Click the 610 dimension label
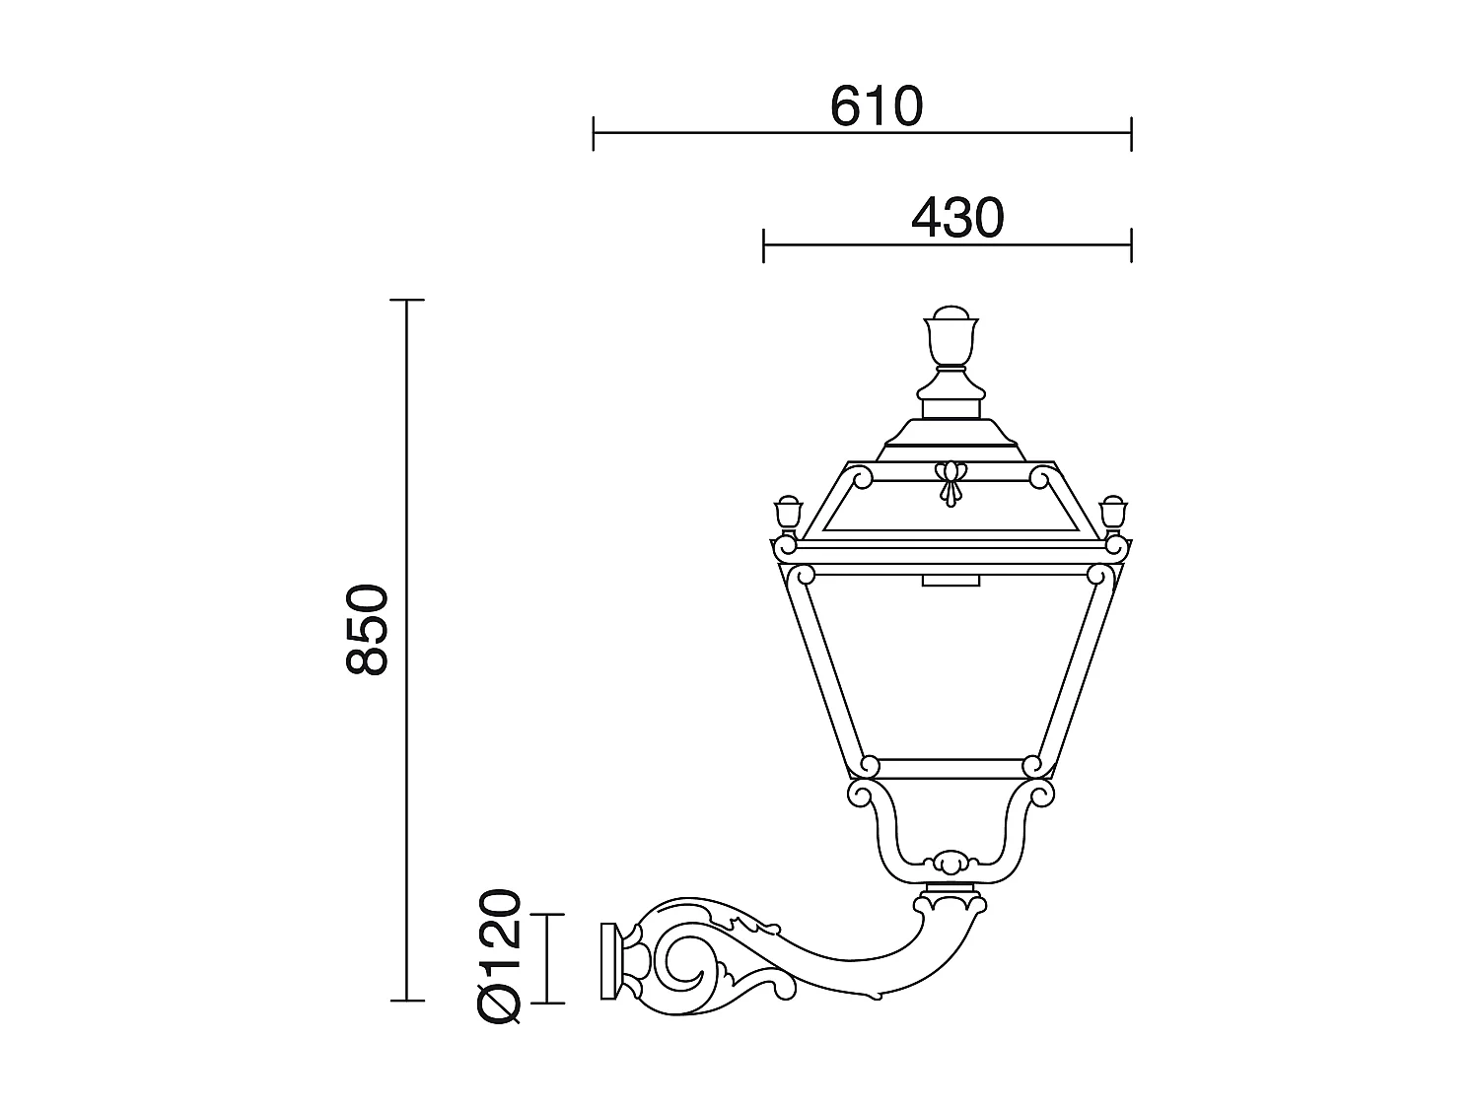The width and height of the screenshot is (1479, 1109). click(x=876, y=106)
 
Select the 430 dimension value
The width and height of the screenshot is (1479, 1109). click(x=956, y=218)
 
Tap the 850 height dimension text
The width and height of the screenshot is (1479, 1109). click(x=368, y=629)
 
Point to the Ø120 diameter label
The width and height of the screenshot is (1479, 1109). click(x=499, y=955)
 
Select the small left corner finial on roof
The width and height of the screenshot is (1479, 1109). click(x=788, y=514)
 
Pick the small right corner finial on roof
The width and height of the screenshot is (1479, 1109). click(x=1113, y=514)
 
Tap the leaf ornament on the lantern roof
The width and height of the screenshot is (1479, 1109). click(x=950, y=483)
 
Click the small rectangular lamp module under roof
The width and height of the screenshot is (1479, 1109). click(x=951, y=581)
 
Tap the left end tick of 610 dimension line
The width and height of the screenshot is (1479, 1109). click(x=594, y=133)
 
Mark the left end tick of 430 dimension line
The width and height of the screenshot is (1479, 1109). click(x=764, y=244)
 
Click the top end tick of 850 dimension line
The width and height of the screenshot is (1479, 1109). click(x=407, y=300)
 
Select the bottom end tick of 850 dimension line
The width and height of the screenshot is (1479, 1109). click(x=407, y=1001)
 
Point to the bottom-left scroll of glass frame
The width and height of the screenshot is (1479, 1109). click(x=869, y=765)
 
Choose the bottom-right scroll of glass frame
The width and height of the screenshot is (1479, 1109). click(x=1032, y=765)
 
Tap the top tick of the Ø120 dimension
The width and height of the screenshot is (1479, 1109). click(x=547, y=915)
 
